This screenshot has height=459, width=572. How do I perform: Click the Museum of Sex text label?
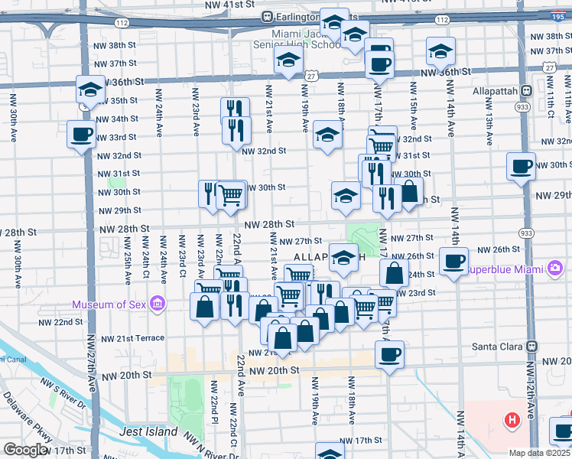point(110,305)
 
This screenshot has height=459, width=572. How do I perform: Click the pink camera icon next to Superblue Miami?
point(554,269)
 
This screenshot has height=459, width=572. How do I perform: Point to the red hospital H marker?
point(511,420)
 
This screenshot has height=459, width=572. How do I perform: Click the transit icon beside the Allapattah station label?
point(526,90)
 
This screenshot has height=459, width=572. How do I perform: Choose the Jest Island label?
point(148,431)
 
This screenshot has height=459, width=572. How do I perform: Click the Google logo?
point(25,450)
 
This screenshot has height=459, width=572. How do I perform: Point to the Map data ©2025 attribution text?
point(539,453)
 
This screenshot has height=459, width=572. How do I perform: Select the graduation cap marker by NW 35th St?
point(90,90)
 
